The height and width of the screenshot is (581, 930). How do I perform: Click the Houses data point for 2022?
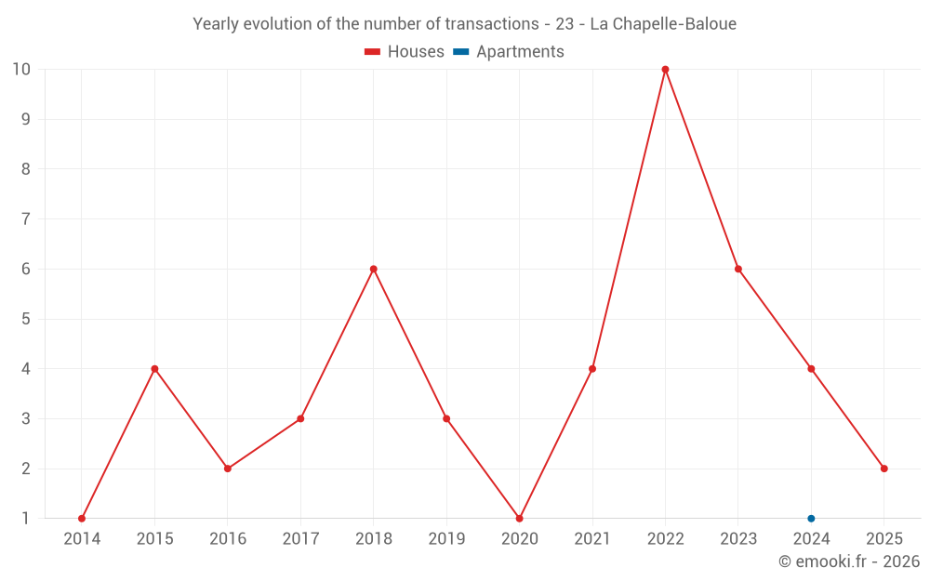pyautogui.click(x=665, y=69)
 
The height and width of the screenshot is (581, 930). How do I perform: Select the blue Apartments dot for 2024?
pyautogui.click(x=811, y=519)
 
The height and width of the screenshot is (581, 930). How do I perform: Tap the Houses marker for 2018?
pyautogui.click(x=373, y=269)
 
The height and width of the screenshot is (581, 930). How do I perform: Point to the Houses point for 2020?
pyautogui.click(x=519, y=519)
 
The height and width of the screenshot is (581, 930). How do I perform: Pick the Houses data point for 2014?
pyautogui.click(x=82, y=519)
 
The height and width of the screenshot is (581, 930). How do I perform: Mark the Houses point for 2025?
pyautogui.click(x=883, y=469)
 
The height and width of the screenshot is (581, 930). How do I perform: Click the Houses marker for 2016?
pyautogui.click(x=228, y=469)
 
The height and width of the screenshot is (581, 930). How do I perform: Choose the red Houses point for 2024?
pyautogui.click(x=811, y=369)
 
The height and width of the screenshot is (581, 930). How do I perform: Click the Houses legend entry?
pyautogui.click(x=405, y=52)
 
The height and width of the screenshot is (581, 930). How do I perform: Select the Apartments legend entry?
pyautogui.click(x=509, y=52)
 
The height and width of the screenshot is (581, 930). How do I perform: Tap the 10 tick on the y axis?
pyautogui.click(x=21, y=69)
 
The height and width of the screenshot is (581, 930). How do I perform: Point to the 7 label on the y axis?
pyautogui.click(x=26, y=219)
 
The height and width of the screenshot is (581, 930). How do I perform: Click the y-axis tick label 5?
pyautogui.click(x=26, y=319)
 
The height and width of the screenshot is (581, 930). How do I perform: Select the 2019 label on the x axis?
pyautogui.click(x=446, y=539)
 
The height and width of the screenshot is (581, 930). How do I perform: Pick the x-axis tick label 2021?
pyautogui.click(x=592, y=539)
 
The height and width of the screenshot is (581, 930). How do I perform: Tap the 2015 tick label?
pyautogui.click(x=154, y=539)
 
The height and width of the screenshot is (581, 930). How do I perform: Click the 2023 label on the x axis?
pyautogui.click(x=738, y=539)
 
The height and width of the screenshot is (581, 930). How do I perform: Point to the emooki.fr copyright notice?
pyautogui.click(x=849, y=561)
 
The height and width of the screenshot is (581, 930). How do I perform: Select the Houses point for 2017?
pyautogui.click(x=300, y=418)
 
